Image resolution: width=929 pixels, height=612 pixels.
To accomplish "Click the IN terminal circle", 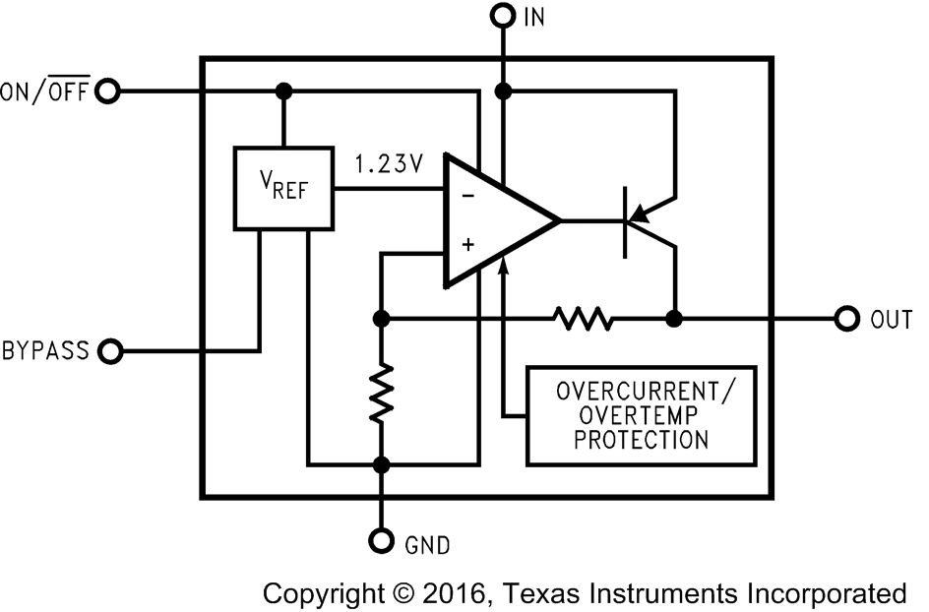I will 503,17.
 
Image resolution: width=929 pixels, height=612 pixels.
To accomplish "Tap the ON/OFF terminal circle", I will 108,92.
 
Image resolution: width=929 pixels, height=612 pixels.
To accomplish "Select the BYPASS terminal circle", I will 111,349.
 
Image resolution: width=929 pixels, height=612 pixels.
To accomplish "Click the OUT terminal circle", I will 845,319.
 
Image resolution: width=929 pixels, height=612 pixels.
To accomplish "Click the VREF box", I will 283,189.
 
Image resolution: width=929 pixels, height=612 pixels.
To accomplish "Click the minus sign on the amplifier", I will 467,195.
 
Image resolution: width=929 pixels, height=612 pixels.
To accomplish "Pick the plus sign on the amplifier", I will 467,244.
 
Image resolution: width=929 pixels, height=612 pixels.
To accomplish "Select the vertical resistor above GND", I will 381,392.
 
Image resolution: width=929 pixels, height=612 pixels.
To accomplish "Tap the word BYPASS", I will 46,350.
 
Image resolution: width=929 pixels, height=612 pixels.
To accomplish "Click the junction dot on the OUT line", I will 675,319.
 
